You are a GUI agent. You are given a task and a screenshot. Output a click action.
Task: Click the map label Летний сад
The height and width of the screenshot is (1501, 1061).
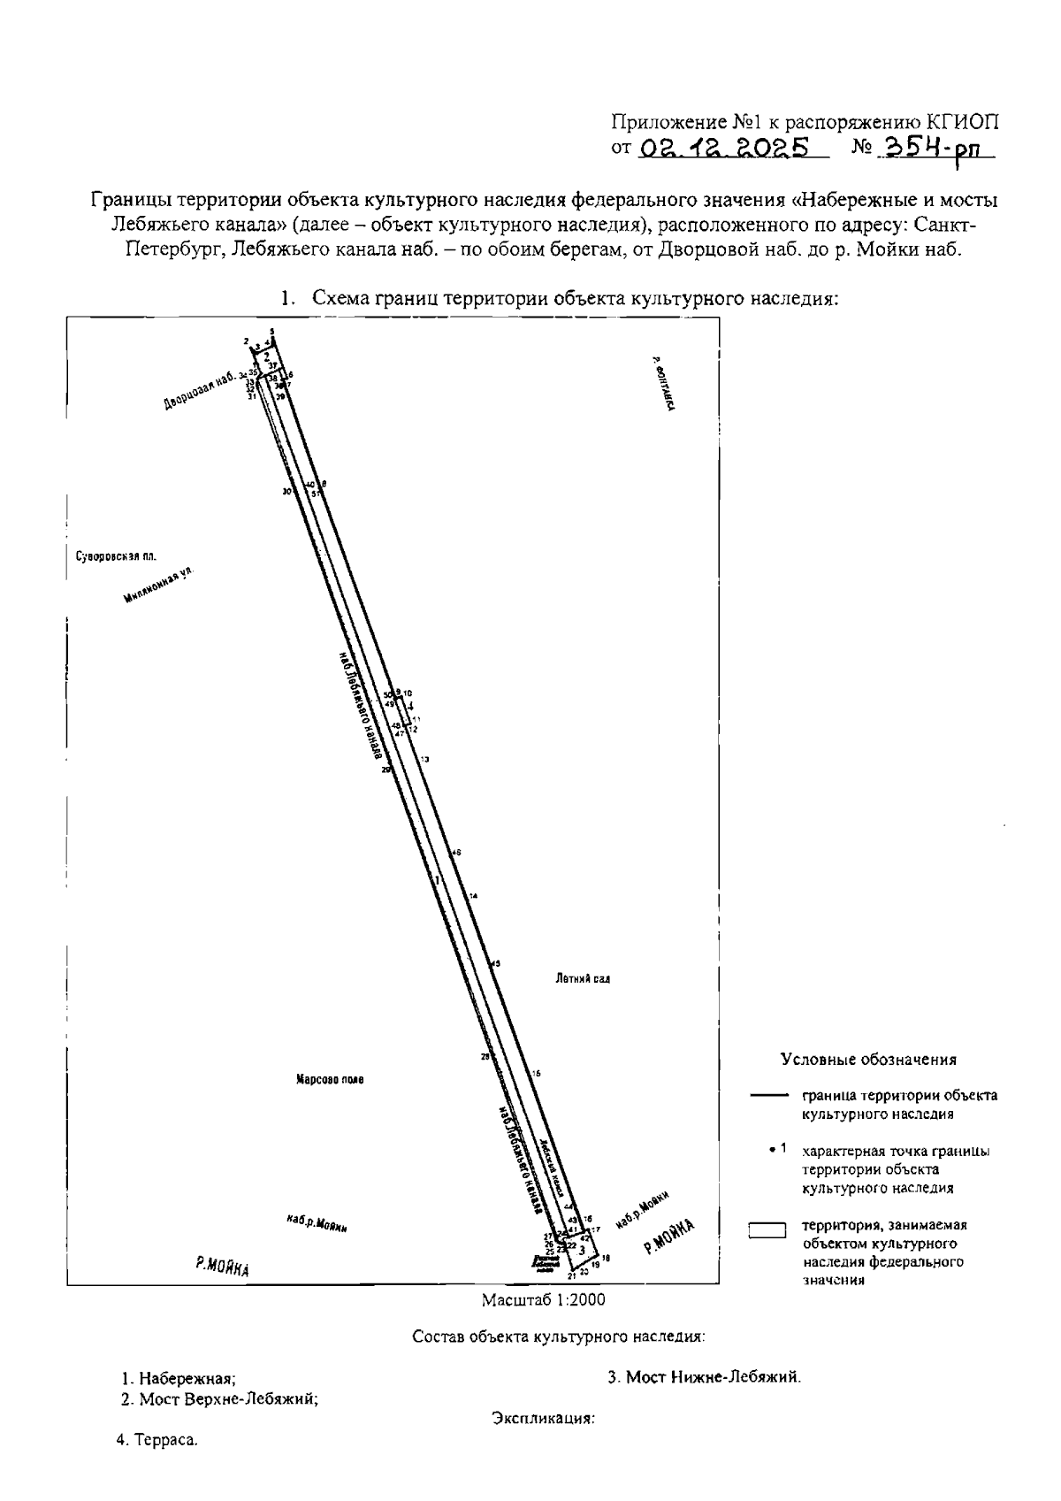click(584, 979)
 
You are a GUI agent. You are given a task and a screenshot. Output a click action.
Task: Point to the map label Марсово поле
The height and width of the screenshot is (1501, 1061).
click(330, 1079)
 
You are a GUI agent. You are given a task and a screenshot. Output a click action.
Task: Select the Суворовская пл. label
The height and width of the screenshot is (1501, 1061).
click(111, 556)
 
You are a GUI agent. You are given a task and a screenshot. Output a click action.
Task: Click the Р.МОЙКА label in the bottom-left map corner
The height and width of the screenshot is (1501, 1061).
click(222, 1267)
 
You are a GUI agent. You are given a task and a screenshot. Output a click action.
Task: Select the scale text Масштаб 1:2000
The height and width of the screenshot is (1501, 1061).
click(544, 1300)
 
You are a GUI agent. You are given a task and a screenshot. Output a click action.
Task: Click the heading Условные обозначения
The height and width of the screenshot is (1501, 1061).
click(868, 1059)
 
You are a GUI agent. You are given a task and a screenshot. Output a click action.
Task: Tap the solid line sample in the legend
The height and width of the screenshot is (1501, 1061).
click(768, 1096)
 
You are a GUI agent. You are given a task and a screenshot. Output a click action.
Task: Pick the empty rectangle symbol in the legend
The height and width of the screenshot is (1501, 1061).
click(767, 1230)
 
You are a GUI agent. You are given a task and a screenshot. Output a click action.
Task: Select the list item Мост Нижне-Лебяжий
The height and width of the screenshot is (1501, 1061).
click(705, 1377)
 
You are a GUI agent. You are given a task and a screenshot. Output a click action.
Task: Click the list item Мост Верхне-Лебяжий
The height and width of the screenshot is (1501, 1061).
click(220, 1399)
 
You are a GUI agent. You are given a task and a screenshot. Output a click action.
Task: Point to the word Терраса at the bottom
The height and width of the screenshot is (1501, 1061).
click(165, 1441)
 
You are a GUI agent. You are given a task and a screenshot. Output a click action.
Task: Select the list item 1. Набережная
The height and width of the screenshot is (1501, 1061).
click(179, 1378)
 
